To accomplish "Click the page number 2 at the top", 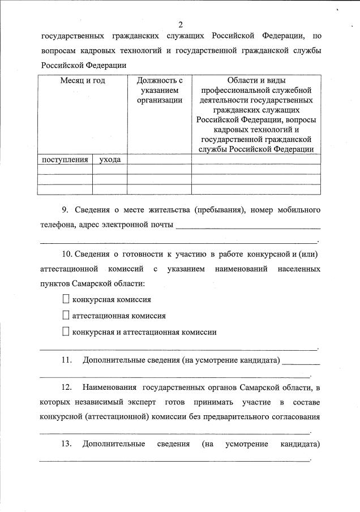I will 181,24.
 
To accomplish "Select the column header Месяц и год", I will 83,81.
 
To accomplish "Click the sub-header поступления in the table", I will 65,160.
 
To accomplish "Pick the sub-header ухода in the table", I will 110,160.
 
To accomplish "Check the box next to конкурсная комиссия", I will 66,299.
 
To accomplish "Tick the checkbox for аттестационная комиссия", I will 66,316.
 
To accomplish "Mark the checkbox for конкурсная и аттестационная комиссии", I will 66,332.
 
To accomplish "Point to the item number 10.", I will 67,253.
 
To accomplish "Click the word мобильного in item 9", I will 299,210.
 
